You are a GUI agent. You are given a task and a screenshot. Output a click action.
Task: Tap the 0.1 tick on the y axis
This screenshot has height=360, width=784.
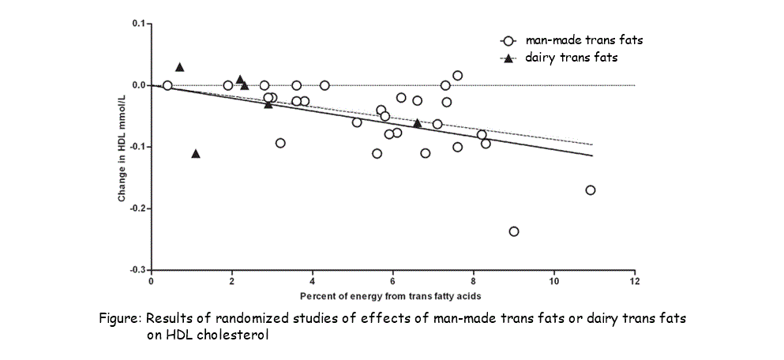point(137,24)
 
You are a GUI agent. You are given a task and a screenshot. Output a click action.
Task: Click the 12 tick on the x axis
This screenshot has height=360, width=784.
point(634,281)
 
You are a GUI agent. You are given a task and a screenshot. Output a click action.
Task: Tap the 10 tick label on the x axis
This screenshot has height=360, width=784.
point(553,281)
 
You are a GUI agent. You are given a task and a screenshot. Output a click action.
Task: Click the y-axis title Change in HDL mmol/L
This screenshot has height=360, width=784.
point(122,147)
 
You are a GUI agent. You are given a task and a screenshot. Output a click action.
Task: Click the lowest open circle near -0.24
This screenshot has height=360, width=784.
point(514,231)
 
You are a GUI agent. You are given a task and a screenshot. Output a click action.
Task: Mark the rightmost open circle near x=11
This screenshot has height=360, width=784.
point(591,189)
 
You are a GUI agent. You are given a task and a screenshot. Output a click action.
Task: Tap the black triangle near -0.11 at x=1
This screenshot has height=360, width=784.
point(196,153)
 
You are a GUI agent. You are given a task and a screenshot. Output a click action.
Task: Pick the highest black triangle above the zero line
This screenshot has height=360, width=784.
point(179,67)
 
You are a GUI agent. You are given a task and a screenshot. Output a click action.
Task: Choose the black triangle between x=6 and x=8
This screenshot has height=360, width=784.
point(418,123)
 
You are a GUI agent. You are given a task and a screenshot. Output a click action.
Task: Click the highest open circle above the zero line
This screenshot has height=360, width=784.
point(458,75)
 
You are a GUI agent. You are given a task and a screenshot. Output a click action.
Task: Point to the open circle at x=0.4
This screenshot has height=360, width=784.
point(167,85)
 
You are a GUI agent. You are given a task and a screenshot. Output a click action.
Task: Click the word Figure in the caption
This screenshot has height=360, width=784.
point(119,319)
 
